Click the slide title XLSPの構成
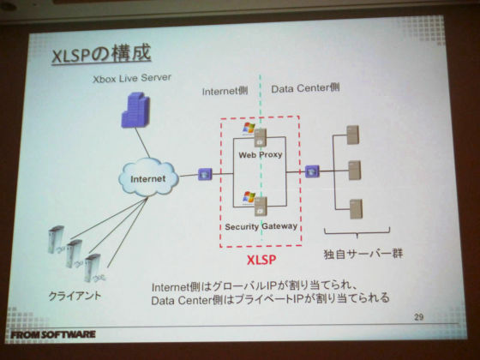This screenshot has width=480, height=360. pos(101,55)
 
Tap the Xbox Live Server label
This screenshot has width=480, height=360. pos(132,78)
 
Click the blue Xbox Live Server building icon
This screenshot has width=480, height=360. pos(135,110)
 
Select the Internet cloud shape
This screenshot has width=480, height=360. pos(148,177)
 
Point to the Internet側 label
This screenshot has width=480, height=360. pos(225,91)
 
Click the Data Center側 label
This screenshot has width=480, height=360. pos(305,88)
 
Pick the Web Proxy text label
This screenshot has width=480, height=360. pos(261,154)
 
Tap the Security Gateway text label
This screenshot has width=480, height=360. pos(261,226)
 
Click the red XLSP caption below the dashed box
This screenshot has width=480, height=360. pos(261,260)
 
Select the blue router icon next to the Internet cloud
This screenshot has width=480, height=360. pos(205,175)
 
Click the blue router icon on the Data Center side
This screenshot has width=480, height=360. pos(312,171)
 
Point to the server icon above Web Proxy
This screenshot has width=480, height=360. pos(261,138)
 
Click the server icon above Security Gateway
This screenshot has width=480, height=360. pos(261,207)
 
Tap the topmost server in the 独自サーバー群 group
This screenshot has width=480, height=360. pos(352,135)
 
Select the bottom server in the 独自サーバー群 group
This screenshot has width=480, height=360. pos(356,209)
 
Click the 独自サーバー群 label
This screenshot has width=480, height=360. pos(363,254)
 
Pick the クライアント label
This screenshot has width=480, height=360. pos(75,296)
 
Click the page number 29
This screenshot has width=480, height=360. pos(419,317)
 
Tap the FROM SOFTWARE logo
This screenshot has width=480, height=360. pos(53,334)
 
